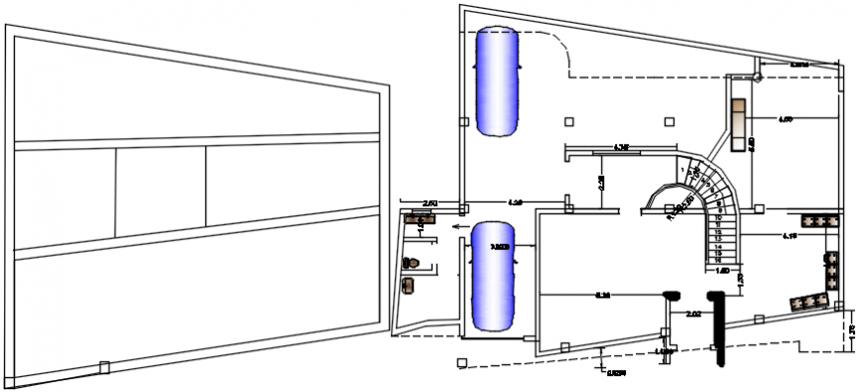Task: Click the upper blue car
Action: click(498, 81)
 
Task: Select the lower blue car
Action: click(495, 276)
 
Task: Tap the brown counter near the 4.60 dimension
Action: click(738, 125)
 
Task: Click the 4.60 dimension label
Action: click(785, 120)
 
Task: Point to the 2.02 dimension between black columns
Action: click(693, 315)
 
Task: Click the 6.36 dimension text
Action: click(602, 295)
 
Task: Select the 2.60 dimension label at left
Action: click(430, 203)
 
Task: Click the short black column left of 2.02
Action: click(672, 295)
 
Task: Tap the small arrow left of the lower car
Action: click(453, 226)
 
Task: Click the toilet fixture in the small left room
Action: click(414, 262)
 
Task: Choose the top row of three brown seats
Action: click(818, 219)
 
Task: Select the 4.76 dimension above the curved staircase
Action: click(622, 148)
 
